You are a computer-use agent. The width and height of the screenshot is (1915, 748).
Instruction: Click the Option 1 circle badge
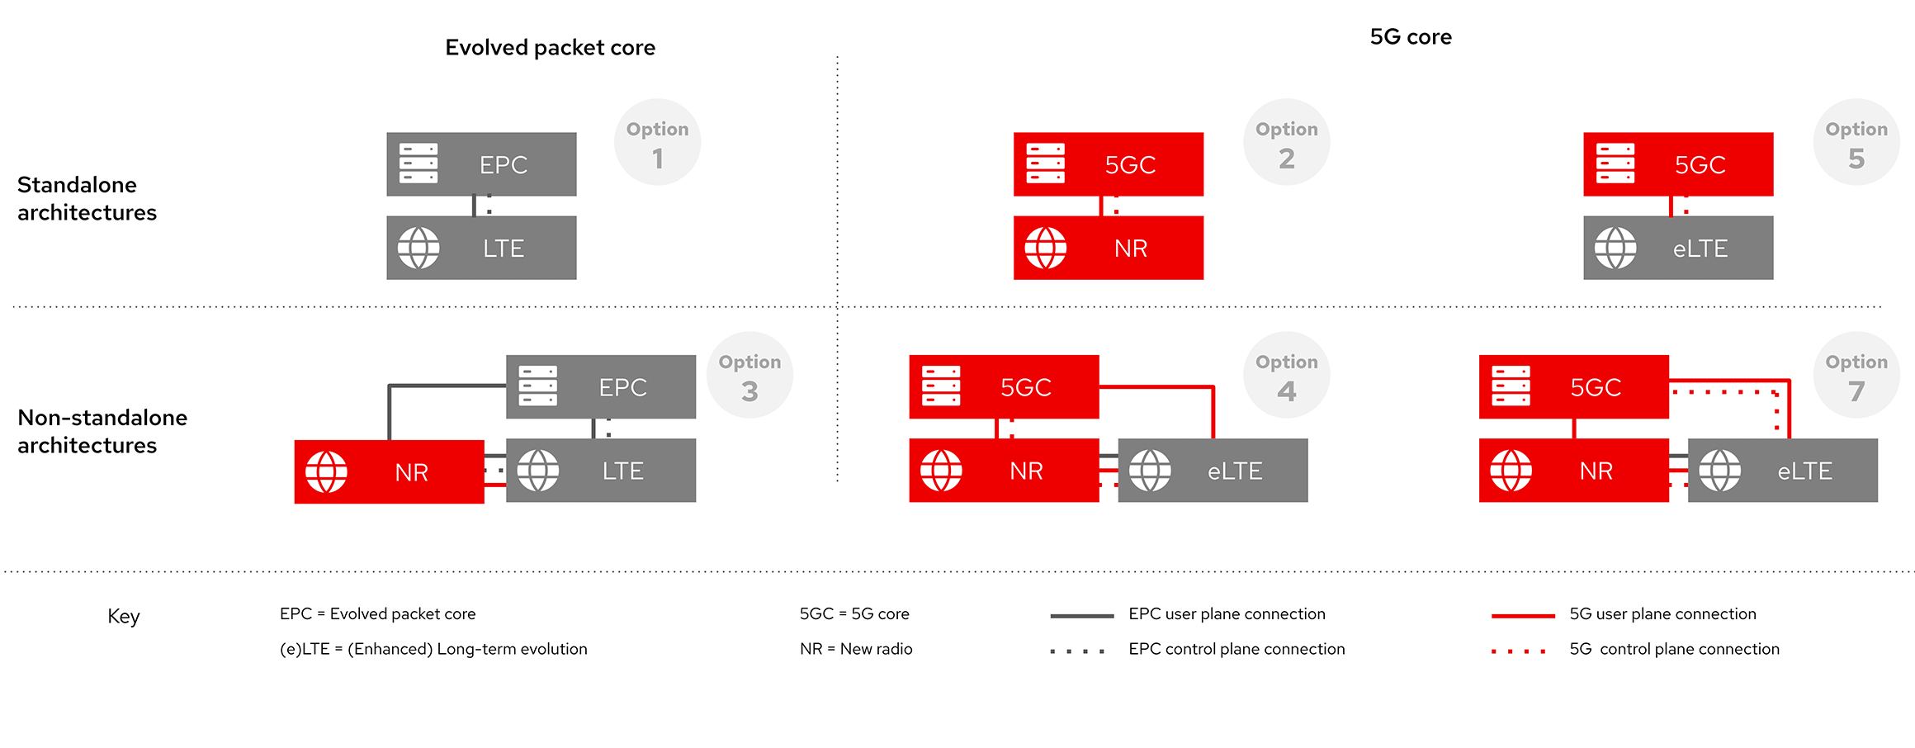(657, 142)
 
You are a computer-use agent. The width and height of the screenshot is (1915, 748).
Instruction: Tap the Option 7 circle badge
(1856, 375)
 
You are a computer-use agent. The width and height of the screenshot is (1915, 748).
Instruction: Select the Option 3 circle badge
(749, 375)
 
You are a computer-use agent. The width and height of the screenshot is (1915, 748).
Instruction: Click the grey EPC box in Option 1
(481, 164)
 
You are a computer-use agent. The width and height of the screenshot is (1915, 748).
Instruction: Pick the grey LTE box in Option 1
(481, 248)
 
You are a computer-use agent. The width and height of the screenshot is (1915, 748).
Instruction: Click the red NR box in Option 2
(1109, 248)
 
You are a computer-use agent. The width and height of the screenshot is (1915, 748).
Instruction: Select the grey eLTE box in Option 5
(1678, 248)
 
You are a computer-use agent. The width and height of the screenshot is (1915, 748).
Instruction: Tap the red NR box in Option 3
(390, 471)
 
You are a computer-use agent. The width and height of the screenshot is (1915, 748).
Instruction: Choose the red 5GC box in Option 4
(1004, 386)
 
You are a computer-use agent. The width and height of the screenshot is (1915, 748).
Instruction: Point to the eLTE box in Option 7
(1783, 471)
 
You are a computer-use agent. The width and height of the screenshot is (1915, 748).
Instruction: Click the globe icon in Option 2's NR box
(1046, 248)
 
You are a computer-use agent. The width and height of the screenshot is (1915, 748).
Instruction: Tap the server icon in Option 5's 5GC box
(1615, 163)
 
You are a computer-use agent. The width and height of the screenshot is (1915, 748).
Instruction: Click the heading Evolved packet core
(551, 48)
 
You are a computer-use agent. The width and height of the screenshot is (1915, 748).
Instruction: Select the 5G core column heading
(1411, 37)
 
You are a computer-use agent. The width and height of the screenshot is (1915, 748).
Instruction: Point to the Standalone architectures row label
(87, 198)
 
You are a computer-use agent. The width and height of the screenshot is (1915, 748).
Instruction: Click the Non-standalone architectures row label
(102, 431)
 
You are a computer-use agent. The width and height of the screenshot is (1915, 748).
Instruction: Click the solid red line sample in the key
(1523, 615)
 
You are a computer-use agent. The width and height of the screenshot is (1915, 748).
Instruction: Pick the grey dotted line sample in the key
(1077, 651)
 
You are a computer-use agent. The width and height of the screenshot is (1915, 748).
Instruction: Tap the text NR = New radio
(856, 649)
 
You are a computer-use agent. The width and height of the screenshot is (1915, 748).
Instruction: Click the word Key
(124, 617)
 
